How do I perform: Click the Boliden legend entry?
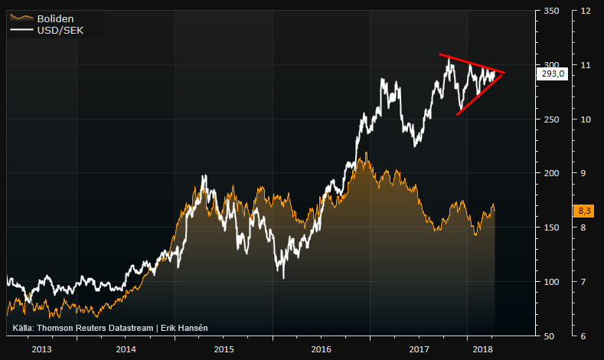tap(56, 17)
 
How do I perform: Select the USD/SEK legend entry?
tap(60, 30)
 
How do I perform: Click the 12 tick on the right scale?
tap(586, 11)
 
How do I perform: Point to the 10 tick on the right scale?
tap(586, 119)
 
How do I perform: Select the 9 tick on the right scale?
tap(586, 173)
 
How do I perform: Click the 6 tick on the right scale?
tap(586, 335)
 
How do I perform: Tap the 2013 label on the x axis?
tap(41, 349)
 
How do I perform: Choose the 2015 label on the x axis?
tap(224, 349)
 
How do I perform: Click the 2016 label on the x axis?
tap(322, 349)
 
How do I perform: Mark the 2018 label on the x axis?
tap(482, 349)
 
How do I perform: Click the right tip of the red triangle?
tap(504, 72)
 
